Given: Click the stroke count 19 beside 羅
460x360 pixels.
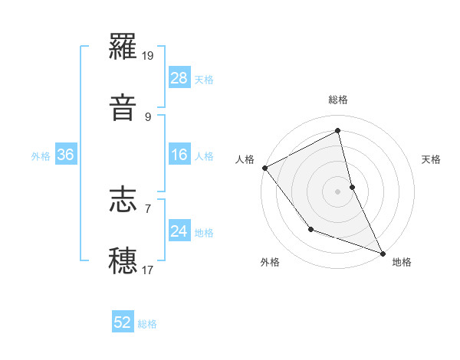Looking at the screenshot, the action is tap(149, 56).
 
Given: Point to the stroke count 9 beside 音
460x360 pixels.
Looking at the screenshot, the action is tap(148, 116).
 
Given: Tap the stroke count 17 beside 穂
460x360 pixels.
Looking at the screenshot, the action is tap(148, 270).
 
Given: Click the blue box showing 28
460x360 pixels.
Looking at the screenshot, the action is tap(179, 78).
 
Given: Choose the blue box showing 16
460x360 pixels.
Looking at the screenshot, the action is tap(179, 155).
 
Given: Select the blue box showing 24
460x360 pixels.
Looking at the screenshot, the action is tap(179, 231).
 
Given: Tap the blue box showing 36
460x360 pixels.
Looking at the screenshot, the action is tap(66, 155).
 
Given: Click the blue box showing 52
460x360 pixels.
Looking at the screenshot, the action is tap(123, 323).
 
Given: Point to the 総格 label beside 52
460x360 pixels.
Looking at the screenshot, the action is tap(147, 324).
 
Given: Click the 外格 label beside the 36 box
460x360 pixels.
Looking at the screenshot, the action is tap(41, 155).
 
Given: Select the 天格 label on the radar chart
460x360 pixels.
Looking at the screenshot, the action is tap(432, 159).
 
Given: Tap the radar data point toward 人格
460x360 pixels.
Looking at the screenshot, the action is tap(264, 168).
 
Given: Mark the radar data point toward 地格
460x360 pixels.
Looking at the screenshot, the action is tap(383, 253).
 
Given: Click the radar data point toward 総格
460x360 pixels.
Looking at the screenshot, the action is tap(338, 131).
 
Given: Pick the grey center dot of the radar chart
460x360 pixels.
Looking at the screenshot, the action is tap(338, 191).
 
